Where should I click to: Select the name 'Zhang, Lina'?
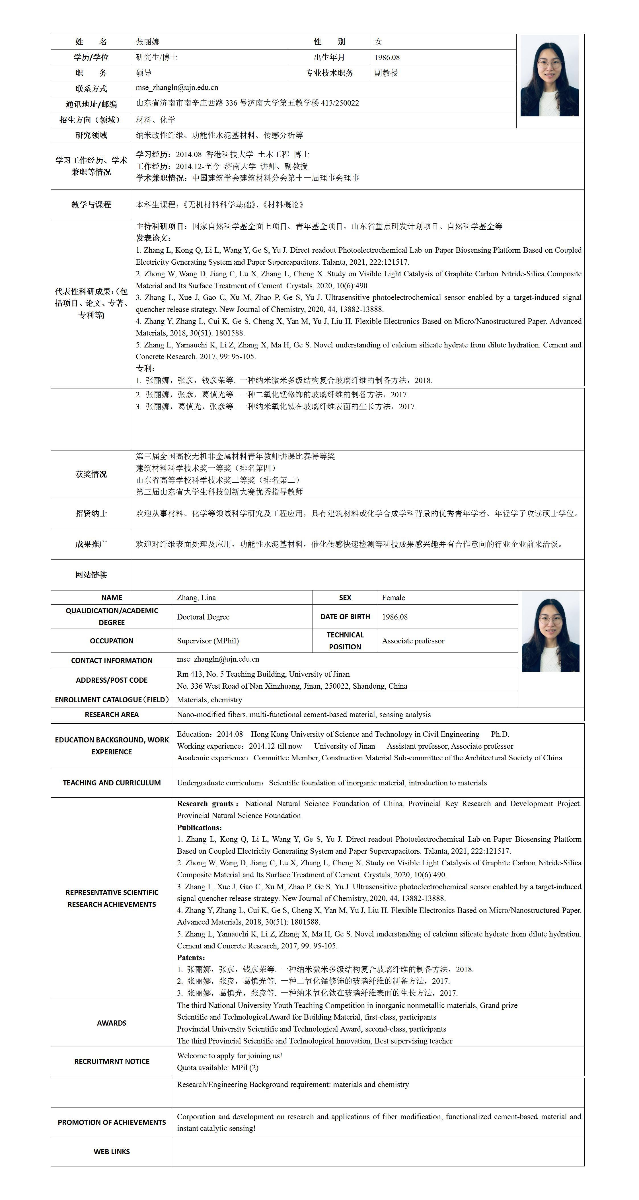click(x=196, y=598)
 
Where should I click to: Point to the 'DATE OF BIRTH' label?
click(x=345, y=617)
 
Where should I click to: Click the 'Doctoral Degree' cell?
click(x=203, y=617)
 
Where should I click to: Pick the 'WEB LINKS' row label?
click(x=112, y=1152)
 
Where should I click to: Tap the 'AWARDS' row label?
click(x=112, y=1023)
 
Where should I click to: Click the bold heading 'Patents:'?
click(x=191, y=957)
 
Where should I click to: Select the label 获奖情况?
click(x=91, y=474)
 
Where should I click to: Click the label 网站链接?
click(x=91, y=575)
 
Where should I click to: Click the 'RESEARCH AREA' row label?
click(x=112, y=715)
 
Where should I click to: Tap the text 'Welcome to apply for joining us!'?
click(x=229, y=1056)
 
